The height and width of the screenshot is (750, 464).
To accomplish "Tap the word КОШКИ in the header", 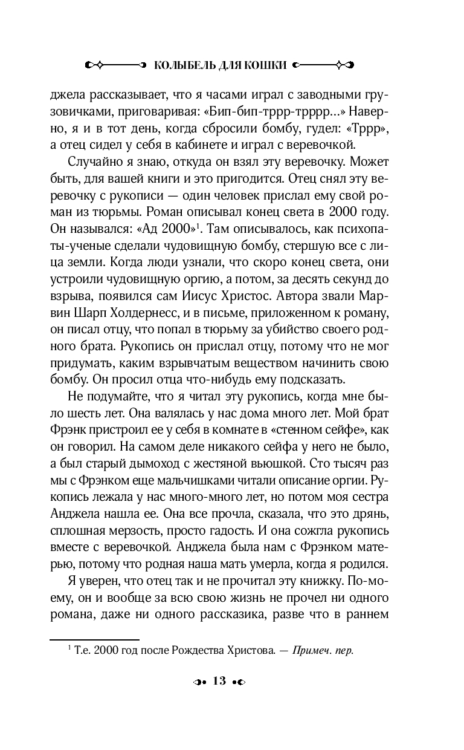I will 262,65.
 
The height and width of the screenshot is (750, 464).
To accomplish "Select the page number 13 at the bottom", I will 219,681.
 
